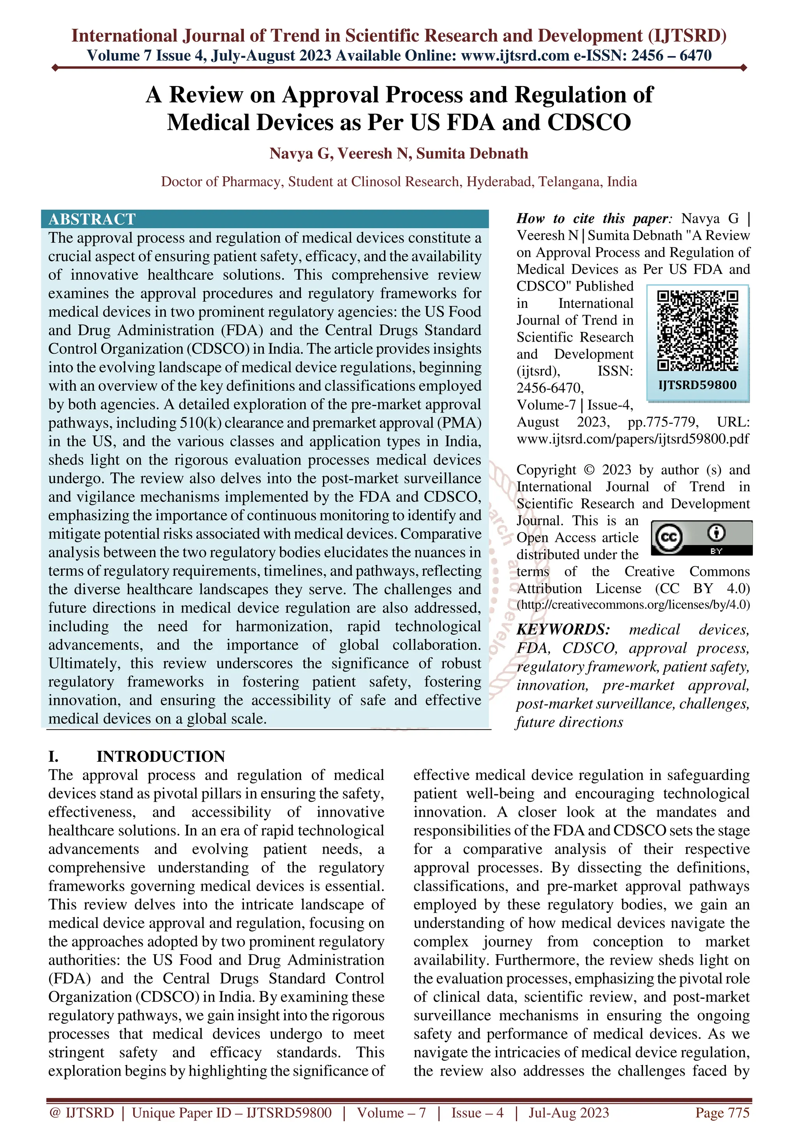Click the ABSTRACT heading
point(92,219)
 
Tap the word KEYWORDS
point(563,630)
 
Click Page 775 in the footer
point(722,1112)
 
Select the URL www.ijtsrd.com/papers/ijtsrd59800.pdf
point(633,439)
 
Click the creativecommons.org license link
point(633,604)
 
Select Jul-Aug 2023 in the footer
point(568,1112)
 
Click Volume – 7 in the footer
point(391,1112)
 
